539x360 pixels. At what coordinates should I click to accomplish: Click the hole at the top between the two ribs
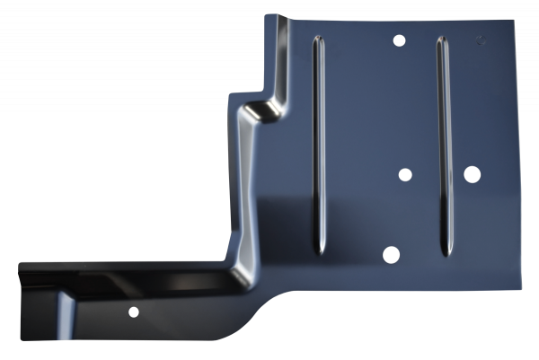399,41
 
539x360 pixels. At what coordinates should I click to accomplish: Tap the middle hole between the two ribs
404,174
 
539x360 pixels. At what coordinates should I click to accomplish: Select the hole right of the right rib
472,173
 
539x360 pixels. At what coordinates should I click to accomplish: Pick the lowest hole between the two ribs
390,254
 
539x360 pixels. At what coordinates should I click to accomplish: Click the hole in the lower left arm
133,312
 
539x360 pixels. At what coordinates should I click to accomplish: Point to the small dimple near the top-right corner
481,40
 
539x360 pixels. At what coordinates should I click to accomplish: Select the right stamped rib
441,144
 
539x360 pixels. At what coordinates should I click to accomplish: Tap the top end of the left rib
314,41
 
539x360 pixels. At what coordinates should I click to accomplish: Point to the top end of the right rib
441,40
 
